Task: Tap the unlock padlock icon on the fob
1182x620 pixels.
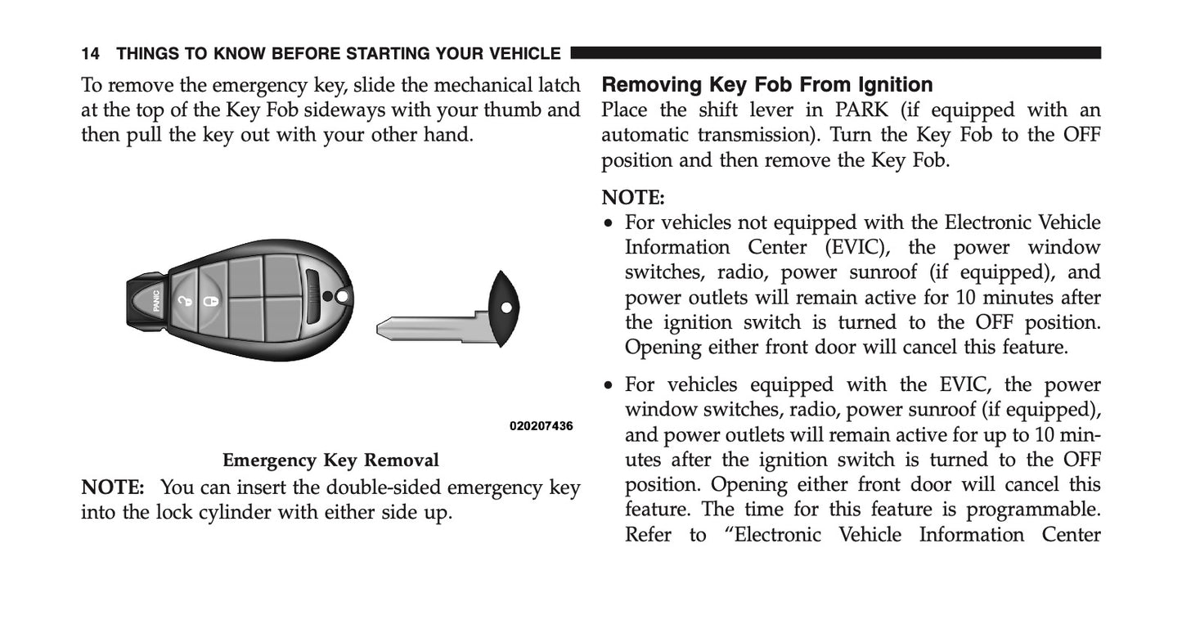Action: [187, 302]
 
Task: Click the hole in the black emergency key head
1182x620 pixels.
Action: [505, 308]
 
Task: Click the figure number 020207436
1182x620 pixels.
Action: [541, 426]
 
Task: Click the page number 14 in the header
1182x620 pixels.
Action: [90, 54]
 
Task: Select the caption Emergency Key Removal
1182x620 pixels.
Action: [330, 460]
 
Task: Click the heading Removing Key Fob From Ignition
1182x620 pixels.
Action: [766, 84]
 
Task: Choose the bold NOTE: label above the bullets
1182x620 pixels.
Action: [633, 197]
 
